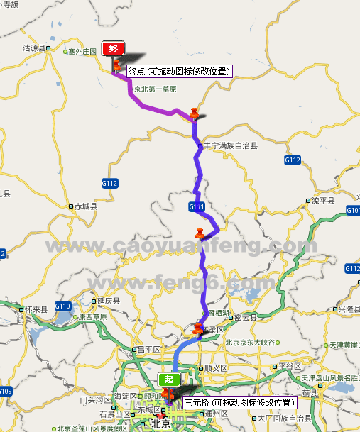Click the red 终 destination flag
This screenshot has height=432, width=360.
(x=114, y=49)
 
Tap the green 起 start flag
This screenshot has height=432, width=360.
(x=168, y=379)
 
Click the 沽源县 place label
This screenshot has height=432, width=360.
(x=34, y=49)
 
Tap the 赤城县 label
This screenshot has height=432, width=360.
(x=89, y=207)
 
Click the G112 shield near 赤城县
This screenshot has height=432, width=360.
(x=109, y=184)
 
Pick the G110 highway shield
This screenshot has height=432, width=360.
(x=63, y=306)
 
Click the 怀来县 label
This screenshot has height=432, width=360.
(x=35, y=310)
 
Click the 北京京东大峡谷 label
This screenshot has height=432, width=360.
(x=249, y=343)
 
